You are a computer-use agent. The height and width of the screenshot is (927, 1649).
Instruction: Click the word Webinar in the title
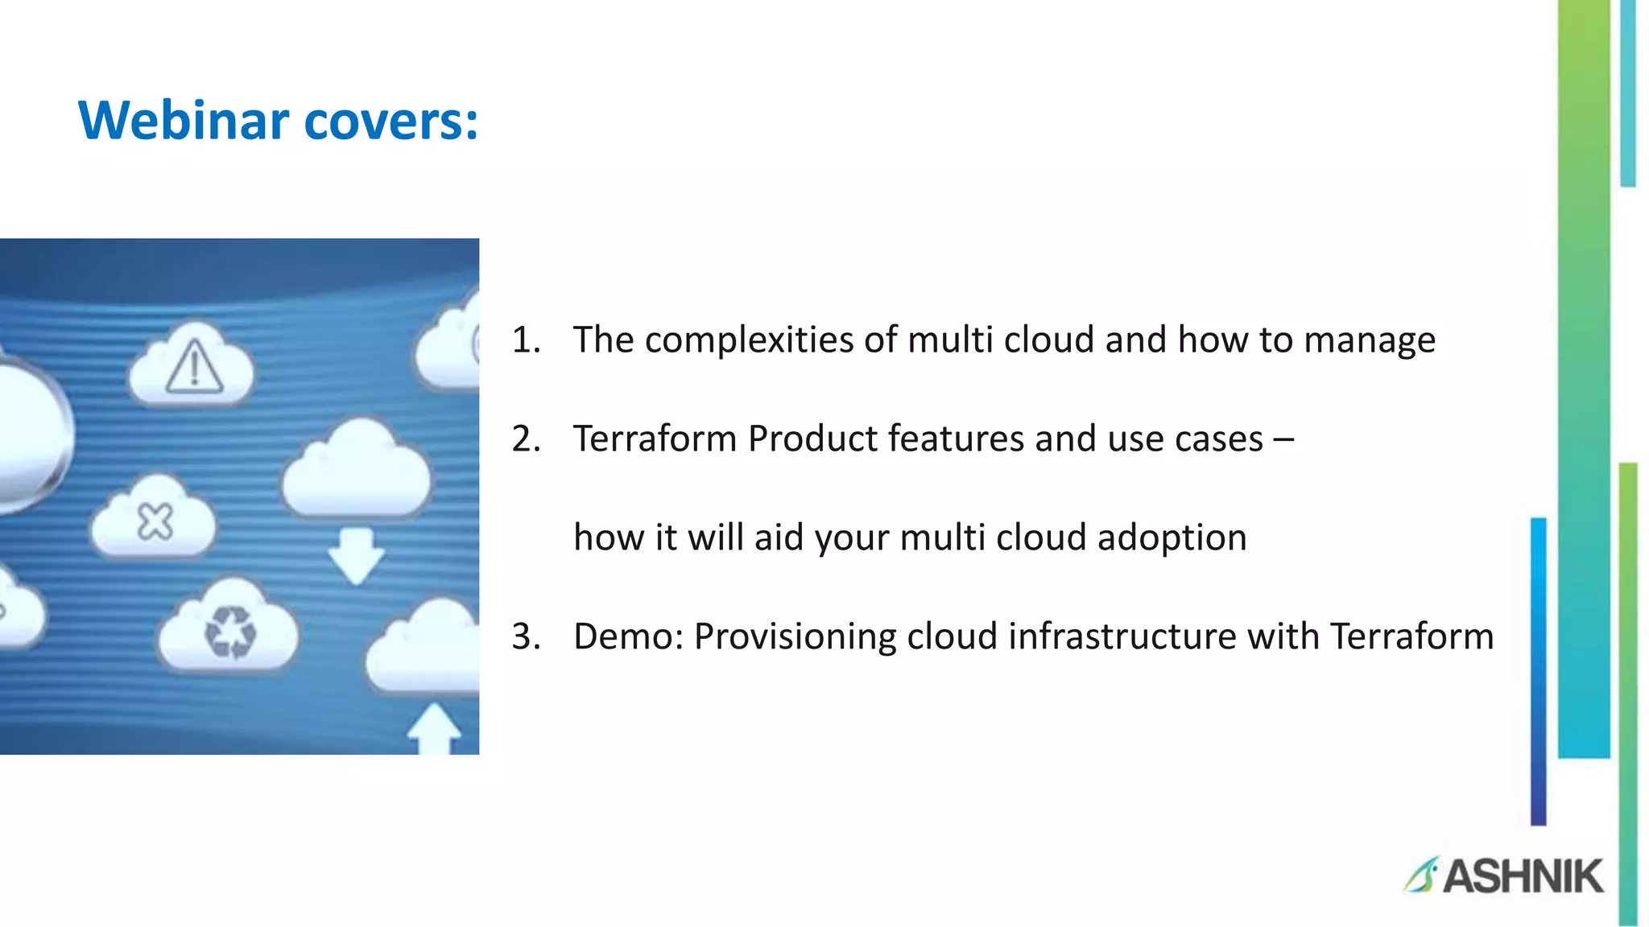pos(184,121)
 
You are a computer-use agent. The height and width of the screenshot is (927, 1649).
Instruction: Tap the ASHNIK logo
pos(1504,875)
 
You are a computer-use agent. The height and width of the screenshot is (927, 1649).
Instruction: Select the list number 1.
pos(525,340)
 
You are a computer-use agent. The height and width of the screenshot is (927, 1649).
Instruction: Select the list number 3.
pos(525,637)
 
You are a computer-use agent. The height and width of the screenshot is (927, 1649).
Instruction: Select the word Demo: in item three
pos(628,637)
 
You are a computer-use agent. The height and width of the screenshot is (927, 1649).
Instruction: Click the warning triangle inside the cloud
pos(194,368)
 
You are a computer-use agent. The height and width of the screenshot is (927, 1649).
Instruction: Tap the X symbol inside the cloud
pos(155,522)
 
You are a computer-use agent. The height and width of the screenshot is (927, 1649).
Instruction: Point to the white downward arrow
pos(356,555)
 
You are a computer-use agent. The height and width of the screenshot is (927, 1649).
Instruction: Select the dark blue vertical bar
pos(1538,672)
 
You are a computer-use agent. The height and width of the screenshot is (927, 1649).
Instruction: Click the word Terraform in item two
pos(655,439)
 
